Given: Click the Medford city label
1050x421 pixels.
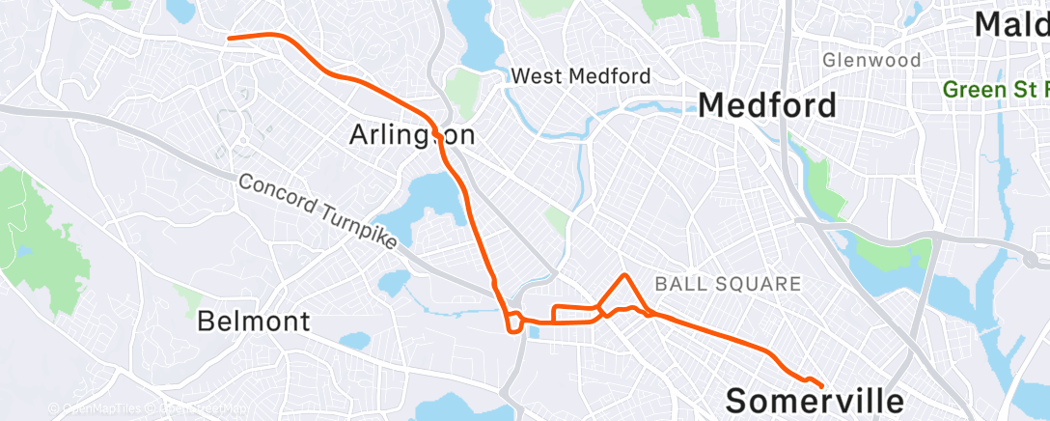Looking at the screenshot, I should click(767, 105).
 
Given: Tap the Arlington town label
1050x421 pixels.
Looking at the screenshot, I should click(412, 136).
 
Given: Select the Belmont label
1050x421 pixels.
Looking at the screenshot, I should click(254, 322).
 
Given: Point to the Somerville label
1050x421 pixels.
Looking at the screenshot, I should click(815, 401).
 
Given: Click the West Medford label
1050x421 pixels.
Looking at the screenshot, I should click(581, 75).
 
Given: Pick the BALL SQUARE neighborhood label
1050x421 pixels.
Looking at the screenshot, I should click(728, 284).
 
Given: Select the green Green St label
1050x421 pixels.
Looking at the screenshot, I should click(995, 90).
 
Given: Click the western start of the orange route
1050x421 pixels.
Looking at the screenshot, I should click(229, 39).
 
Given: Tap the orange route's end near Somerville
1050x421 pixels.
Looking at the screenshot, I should click(821, 386).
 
